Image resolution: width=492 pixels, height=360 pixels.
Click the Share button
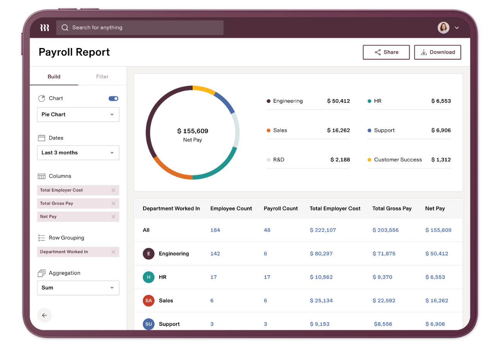pyautogui.click(x=386, y=52)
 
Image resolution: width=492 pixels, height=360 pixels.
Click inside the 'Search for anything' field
pyautogui.click(x=140, y=27)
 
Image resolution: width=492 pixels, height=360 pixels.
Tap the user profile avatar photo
pyautogui.click(x=443, y=28)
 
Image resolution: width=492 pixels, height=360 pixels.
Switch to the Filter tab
pyautogui.click(x=102, y=77)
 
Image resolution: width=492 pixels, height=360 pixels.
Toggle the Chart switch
pyautogui.click(x=113, y=98)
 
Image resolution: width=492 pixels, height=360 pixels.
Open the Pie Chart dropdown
pyautogui.click(x=78, y=115)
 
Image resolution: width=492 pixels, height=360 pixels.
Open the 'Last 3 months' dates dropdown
pyautogui.click(x=78, y=153)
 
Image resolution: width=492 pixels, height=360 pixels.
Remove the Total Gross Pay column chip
pyautogui.click(x=113, y=203)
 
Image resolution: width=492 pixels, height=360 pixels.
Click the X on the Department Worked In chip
pyautogui.click(x=113, y=252)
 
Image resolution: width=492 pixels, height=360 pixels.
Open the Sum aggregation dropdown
pyautogui.click(x=78, y=288)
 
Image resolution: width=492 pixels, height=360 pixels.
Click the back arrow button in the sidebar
pyautogui.click(x=44, y=315)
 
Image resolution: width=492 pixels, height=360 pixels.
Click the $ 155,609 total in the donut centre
pyautogui.click(x=193, y=131)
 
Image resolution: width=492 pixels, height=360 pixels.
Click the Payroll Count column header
pyautogui.click(x=280, y=208)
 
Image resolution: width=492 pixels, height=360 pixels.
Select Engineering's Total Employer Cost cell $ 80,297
pyautogui.click(x=321, y=254)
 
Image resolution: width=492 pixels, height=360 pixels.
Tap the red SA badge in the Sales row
pyautogui.click(x=149, y=300)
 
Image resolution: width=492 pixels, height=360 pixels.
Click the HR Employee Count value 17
pyautogui.click(x=213, y=277)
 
